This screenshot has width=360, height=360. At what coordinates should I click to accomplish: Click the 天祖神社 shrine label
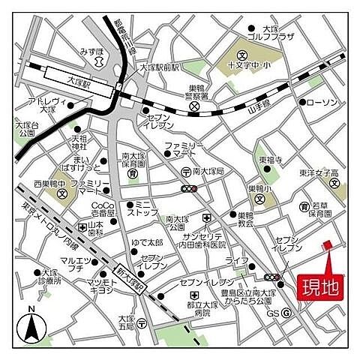[x=79, y=143]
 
